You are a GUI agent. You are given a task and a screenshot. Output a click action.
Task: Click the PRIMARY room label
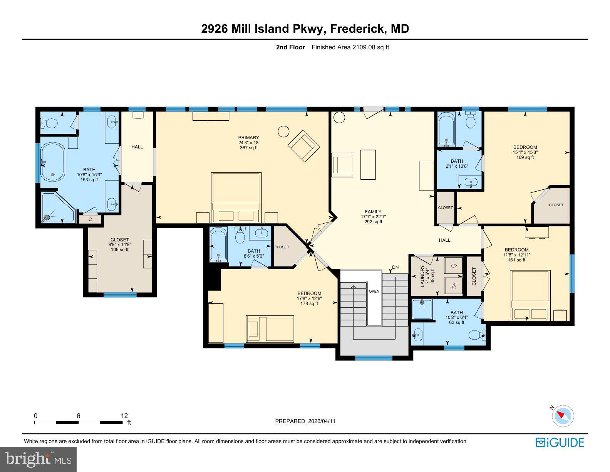tap(248, 138)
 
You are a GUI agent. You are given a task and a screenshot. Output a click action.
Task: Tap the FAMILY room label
tap(373, 212)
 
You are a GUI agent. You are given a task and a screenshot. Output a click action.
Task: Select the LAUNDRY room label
tap(422, 276)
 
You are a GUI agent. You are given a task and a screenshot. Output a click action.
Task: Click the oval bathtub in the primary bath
tap(53, 162)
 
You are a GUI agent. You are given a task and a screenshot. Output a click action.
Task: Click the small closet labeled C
tap(90, 219)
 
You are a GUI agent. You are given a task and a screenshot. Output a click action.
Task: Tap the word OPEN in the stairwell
tap(374, 292)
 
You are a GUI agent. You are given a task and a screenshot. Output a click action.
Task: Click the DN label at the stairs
tap(395, 267)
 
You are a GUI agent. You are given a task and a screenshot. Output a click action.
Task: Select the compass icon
tap(563, 416)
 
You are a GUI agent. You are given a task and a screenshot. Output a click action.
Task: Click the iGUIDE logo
tap(560, 442)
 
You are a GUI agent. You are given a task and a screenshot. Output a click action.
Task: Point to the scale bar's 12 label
tap(124, 416)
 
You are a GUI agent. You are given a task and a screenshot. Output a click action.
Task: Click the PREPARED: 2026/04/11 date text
tap(305, 421)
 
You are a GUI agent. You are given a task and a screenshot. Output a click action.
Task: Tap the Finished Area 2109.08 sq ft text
tap(350, 47)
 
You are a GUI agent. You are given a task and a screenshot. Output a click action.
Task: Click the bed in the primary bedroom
tap(236, 197)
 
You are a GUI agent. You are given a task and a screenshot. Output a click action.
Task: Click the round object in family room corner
tap(339, 117)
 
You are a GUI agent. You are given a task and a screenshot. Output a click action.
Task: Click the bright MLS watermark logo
tap(39, 459)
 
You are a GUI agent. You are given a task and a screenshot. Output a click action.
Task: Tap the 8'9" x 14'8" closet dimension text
tap(119, 244)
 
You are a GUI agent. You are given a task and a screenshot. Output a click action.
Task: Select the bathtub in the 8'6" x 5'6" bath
tap(218, 244)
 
